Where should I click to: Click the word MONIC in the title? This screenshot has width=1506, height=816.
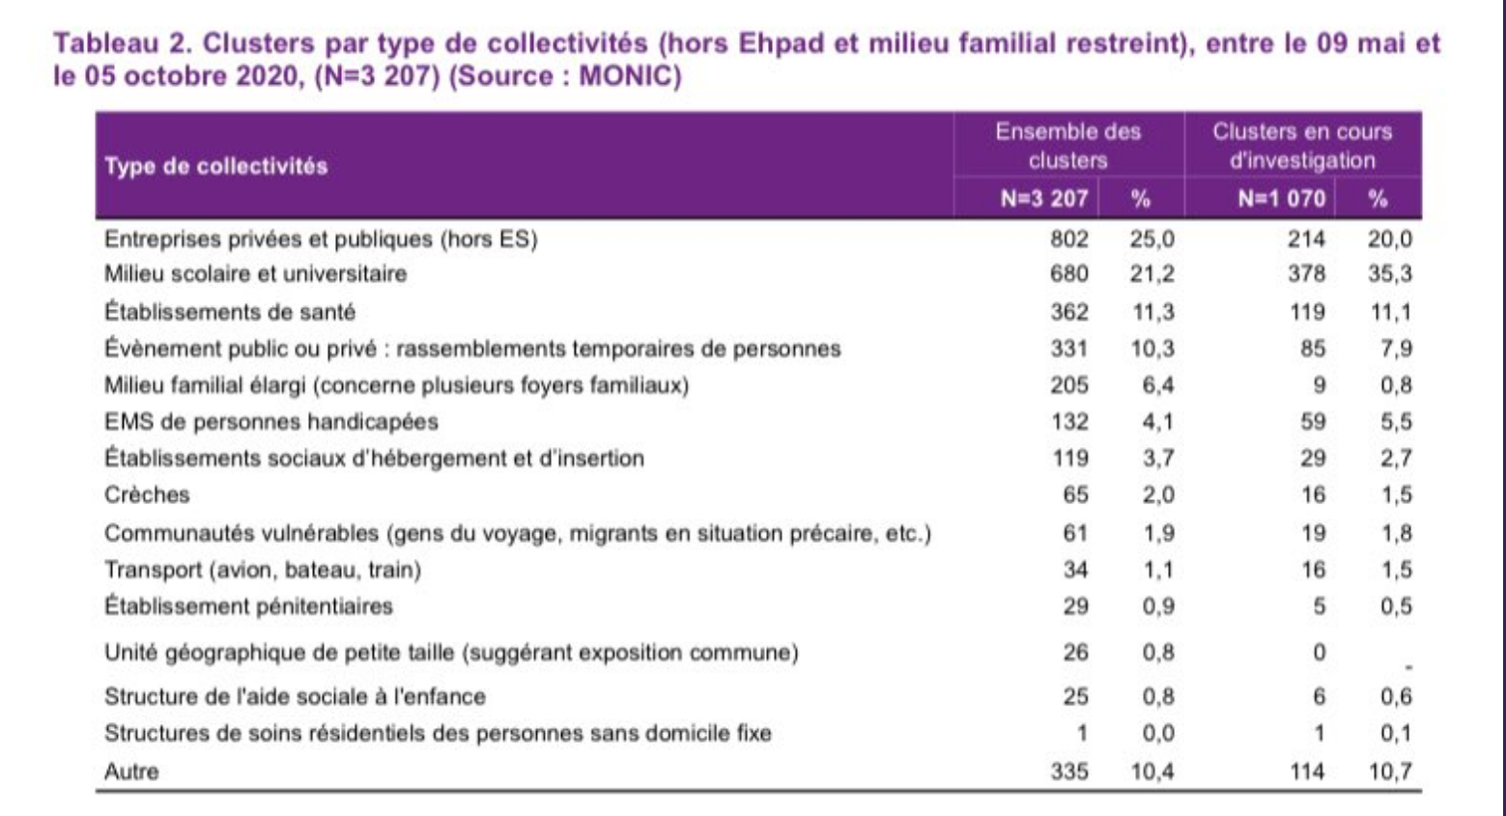pos(624,76)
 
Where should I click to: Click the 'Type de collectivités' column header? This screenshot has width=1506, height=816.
pos(215,166)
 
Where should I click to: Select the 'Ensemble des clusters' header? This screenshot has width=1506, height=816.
pos(1067,146)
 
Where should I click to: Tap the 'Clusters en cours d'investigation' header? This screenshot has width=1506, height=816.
pos(1302,146)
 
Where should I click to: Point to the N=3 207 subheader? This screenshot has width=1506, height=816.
pos(1043,198)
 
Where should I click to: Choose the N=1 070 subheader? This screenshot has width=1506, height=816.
pos(1282,198)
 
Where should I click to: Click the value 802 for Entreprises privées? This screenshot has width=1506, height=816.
pos(1069,239)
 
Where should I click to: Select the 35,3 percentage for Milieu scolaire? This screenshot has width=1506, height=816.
pos(1390,274)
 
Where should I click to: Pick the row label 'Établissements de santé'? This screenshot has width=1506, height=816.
pos(230,312)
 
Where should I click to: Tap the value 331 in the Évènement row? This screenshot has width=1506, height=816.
pos(1069,349)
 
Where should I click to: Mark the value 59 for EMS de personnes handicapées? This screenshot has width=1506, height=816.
pos(1313,421)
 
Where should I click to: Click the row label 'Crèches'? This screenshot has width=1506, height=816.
pos(147,494)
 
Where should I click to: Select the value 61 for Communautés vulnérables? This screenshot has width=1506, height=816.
pos(1075,533)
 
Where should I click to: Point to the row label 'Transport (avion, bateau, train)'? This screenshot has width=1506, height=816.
pos(263,570)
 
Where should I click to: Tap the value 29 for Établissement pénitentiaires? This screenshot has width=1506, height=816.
pos(1075,606)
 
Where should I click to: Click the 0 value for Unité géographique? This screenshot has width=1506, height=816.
pos(1320,653)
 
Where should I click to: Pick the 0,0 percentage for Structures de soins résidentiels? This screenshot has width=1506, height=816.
pos(1157,733)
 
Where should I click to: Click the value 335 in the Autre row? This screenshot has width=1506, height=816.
pos(1069,771)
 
